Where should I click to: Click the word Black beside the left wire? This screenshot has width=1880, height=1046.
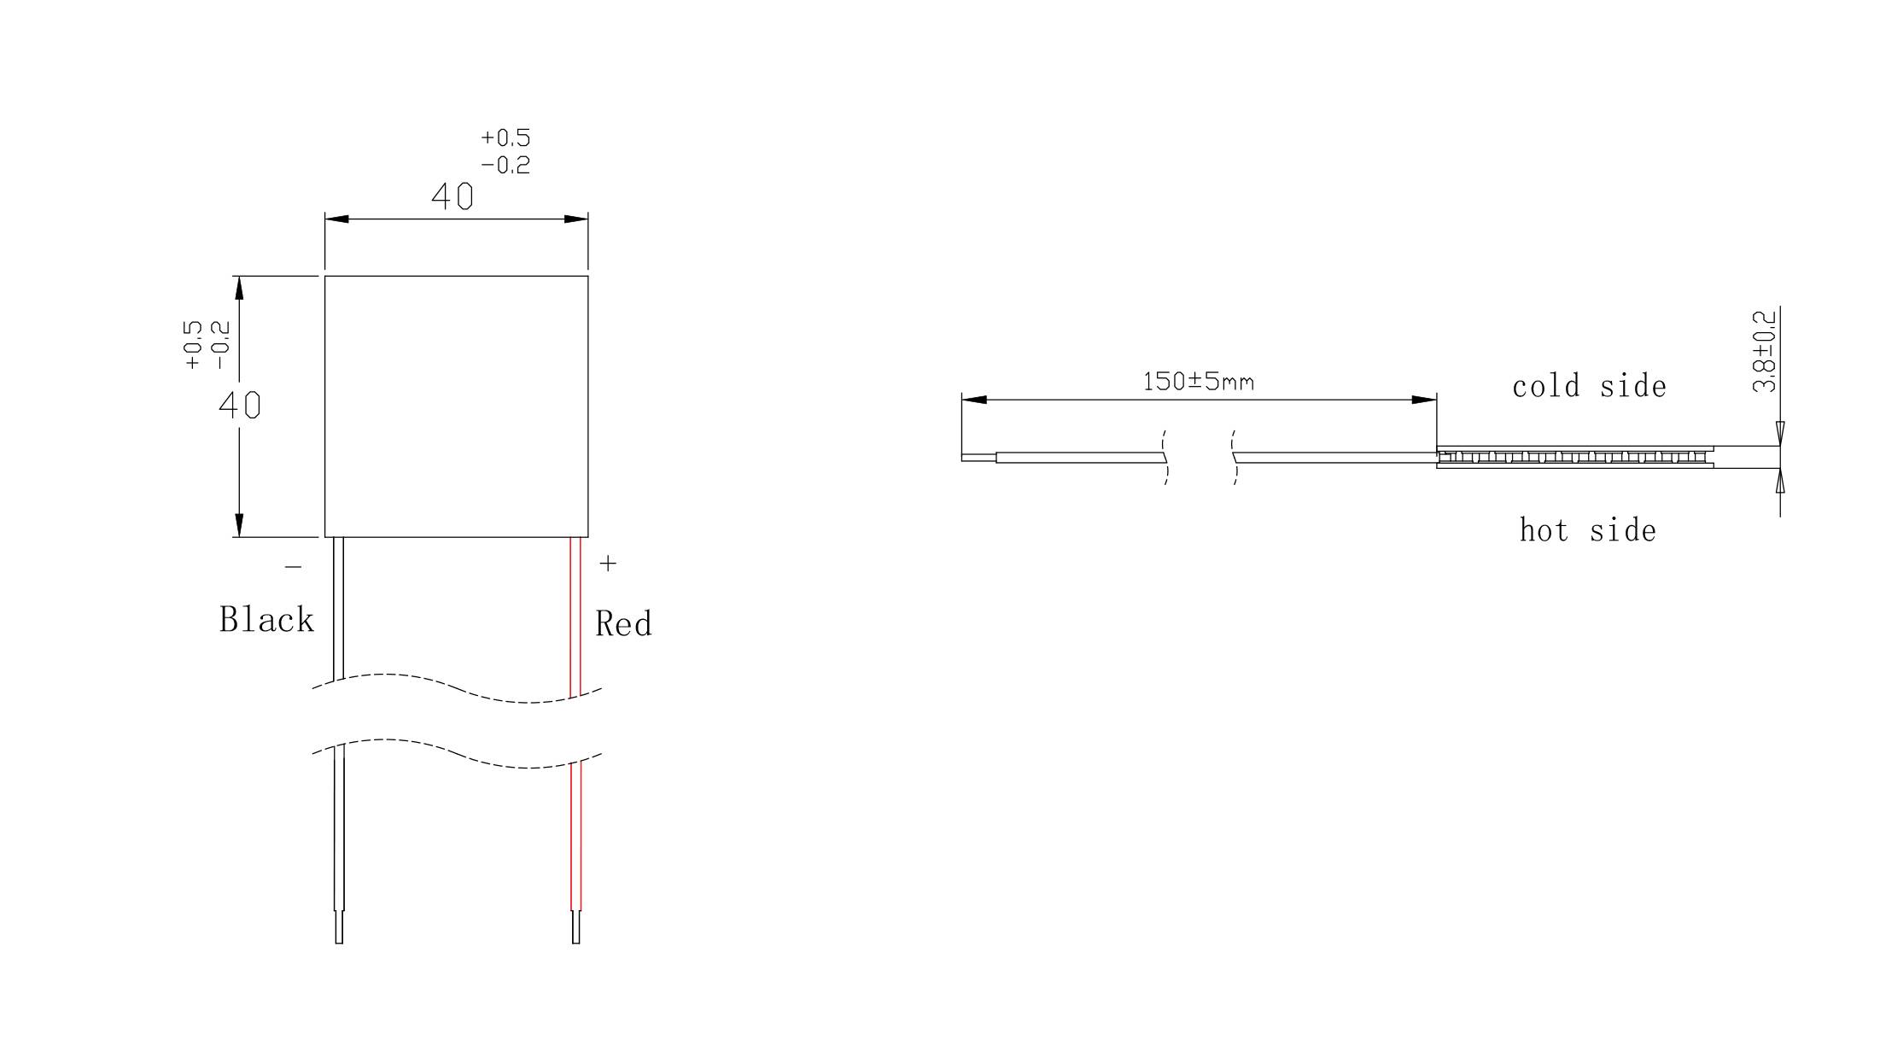coord(266,620)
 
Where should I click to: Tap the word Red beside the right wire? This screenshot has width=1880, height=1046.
coord(623,624)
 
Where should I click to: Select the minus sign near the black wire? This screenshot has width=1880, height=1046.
coord(293,566)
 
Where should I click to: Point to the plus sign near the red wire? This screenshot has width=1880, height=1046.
coord(608,564)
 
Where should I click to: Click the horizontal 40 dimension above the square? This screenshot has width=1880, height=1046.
coord(452,197)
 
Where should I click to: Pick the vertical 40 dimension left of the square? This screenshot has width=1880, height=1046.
coord(240,405)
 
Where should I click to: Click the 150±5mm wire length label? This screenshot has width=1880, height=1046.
coord(1199,382)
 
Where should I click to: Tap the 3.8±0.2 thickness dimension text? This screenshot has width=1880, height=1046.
coord(1764,352)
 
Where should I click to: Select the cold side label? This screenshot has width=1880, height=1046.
coord(1589,387)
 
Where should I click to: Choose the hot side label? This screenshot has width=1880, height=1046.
coord(1588,531)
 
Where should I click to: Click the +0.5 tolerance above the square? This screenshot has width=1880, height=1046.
coord(505,138)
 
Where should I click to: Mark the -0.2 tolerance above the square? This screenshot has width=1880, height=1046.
coord(505,165)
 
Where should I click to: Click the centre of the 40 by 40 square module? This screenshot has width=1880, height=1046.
coord(457,406)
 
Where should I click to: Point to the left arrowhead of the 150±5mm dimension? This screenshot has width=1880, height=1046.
coord(974,400)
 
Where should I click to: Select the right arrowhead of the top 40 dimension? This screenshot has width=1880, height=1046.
coord(576,219)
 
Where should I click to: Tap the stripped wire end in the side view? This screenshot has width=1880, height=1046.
coord(978,458)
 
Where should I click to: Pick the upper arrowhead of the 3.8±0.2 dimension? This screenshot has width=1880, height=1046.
coord(1780,433)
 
